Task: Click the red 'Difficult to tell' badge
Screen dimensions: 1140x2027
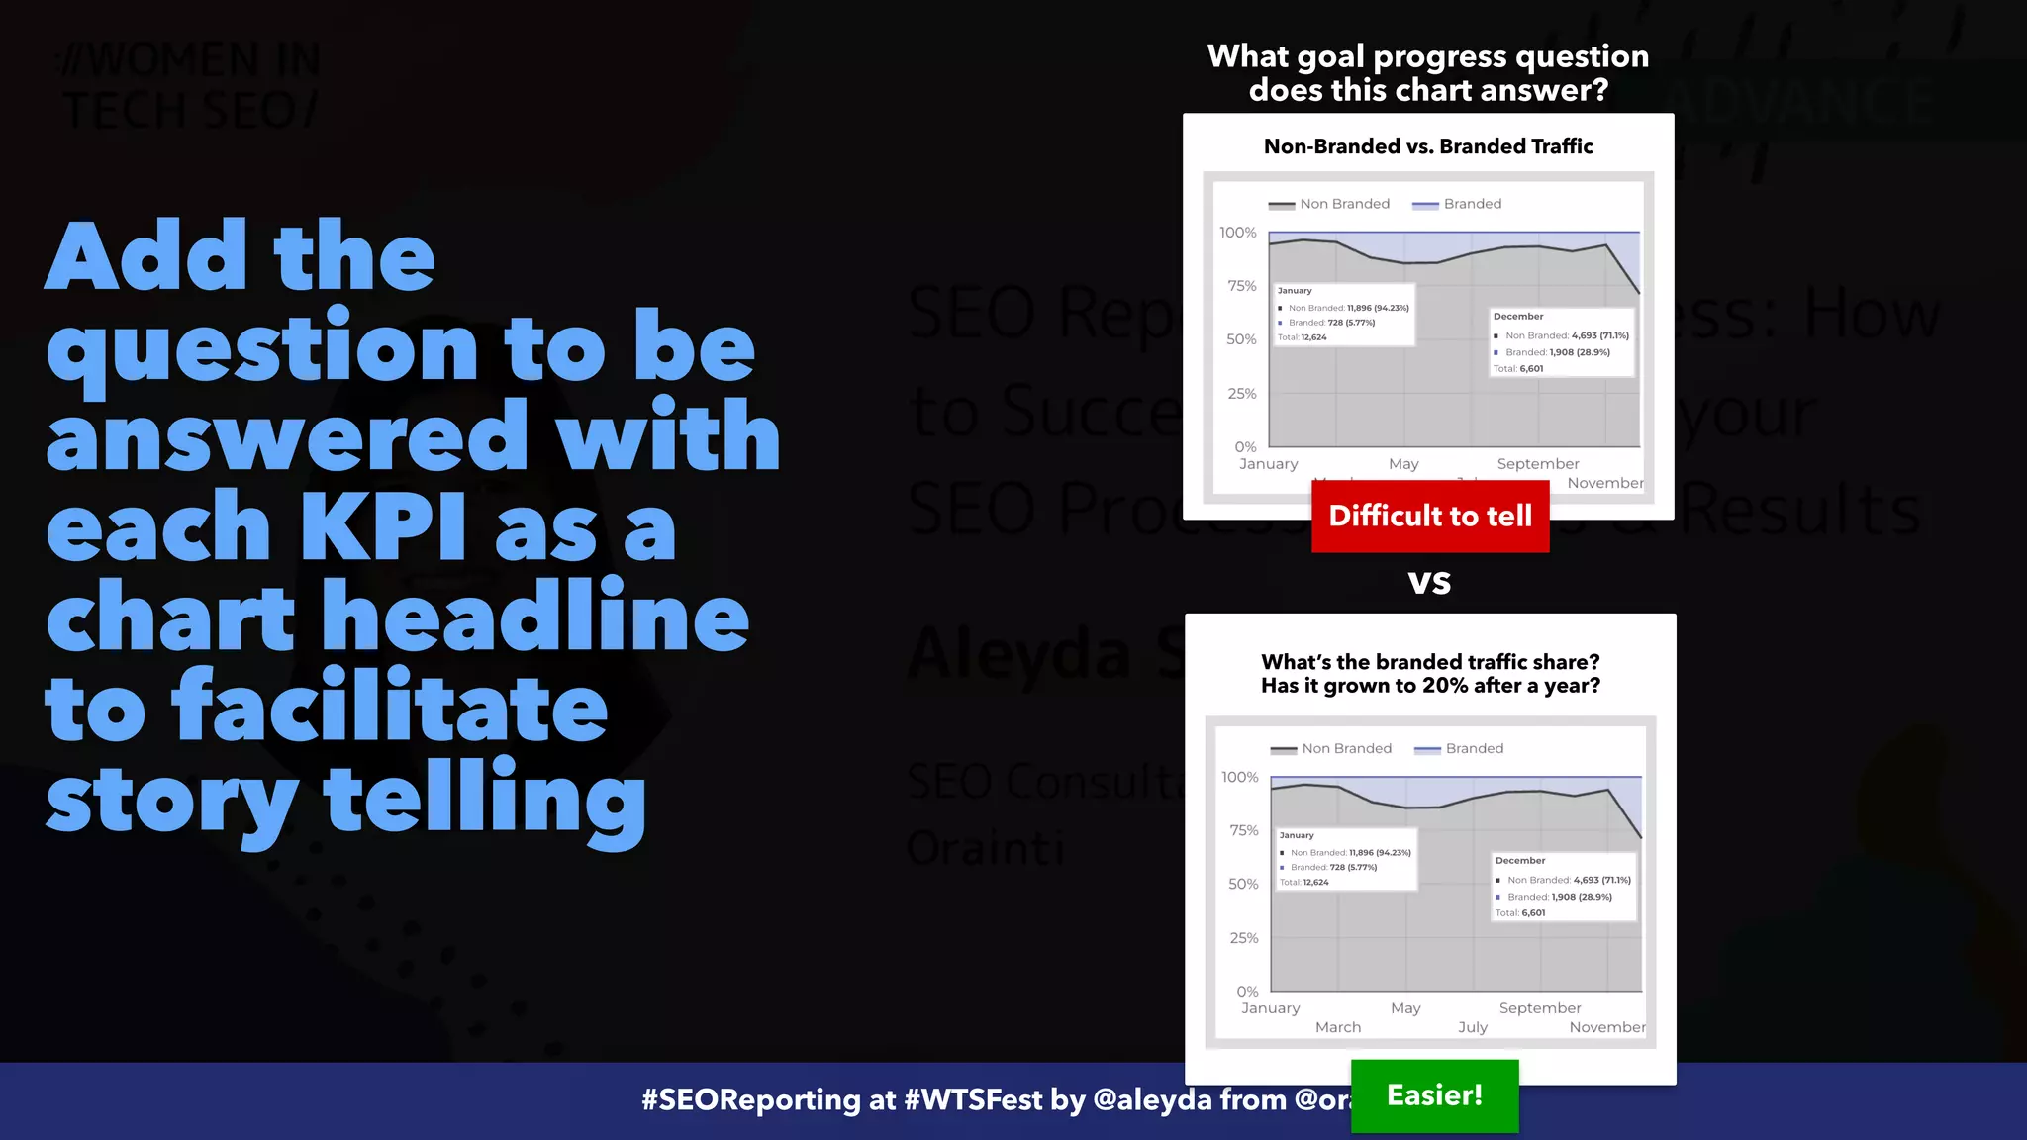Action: (x=1430, y=516)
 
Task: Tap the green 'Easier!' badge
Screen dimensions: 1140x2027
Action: (x=1434, y=1095)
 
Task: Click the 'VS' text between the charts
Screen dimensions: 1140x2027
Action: (x=1429, y=582)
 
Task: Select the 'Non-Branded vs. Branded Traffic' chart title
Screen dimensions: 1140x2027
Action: (x=1428, y=146)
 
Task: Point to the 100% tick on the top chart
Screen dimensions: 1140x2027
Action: (x=1237, y=233)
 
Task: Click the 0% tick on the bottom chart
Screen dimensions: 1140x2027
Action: (x=1247, y=991)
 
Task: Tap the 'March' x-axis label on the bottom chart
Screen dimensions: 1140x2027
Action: (x=1338, y=1027)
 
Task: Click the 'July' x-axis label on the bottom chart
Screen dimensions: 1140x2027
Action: (x=1473, y=1027)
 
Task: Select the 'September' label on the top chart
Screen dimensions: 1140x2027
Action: (x=1538, y=464)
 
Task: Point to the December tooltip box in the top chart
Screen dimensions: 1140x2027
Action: (x=1562, y=342)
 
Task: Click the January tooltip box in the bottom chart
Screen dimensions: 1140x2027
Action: (x=1346, y=859)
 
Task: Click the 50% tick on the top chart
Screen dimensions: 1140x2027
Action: (x=1241, y=339)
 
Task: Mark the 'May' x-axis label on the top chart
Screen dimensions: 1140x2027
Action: (x=1403, y=464)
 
